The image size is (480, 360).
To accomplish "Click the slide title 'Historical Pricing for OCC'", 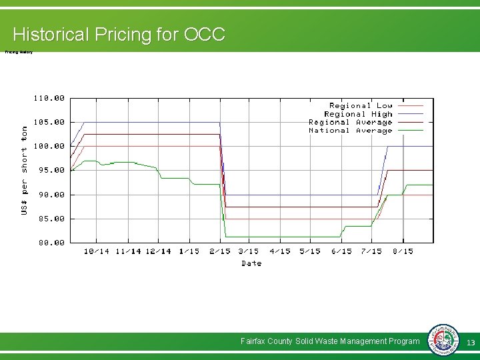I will (x=119, y=34).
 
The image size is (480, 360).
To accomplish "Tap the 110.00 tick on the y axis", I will (x=49, y=98).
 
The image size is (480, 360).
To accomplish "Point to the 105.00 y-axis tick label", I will (x=49, y=122).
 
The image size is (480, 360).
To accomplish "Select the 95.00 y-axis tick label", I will (x=49, y=170).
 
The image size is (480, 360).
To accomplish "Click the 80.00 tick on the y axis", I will (x=49, y=243).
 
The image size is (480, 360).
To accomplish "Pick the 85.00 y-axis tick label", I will (x=49, y=219).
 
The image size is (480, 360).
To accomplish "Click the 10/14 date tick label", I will (x=97, y=251).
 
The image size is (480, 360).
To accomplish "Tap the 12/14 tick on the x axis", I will (x=158, y=251).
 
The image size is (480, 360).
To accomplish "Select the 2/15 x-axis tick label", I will (x=219, y=251).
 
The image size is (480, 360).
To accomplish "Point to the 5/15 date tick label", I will (x=310, y=251).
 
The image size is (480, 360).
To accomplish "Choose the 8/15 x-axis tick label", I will (x=403, y=251).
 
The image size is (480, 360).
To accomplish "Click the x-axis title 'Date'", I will (x=251, y=263).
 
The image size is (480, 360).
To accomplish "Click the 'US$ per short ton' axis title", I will (x=25, y=170).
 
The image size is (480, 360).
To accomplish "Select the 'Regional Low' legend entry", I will (x=361, y=105).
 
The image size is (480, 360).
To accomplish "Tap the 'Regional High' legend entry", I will (x=358, y=114).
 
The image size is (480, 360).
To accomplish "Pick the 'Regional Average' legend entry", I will (x=351, y=122).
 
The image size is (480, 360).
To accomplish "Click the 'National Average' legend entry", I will (x=351, y=131).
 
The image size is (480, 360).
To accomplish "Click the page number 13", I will (x=470, y=342).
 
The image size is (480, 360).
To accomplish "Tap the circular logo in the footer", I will (x=442, y=341).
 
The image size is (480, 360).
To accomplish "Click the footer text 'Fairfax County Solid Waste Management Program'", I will (x=330, y=341).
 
